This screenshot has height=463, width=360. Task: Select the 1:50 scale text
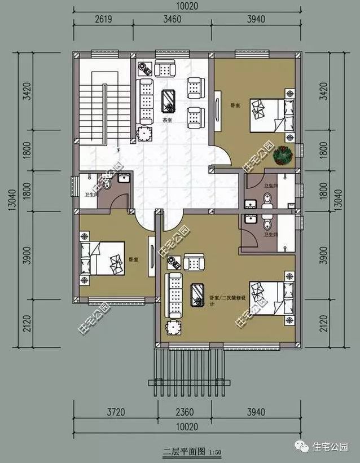pyautogui.click(x=215, y=452)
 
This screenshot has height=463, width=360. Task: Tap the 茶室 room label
pyautogui.click(x=167, y=120)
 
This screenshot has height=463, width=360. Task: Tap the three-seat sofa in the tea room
pyautogui.click(x=146, y=102)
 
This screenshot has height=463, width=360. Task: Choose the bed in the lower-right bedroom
pyautogui.click(x=270, y=299)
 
